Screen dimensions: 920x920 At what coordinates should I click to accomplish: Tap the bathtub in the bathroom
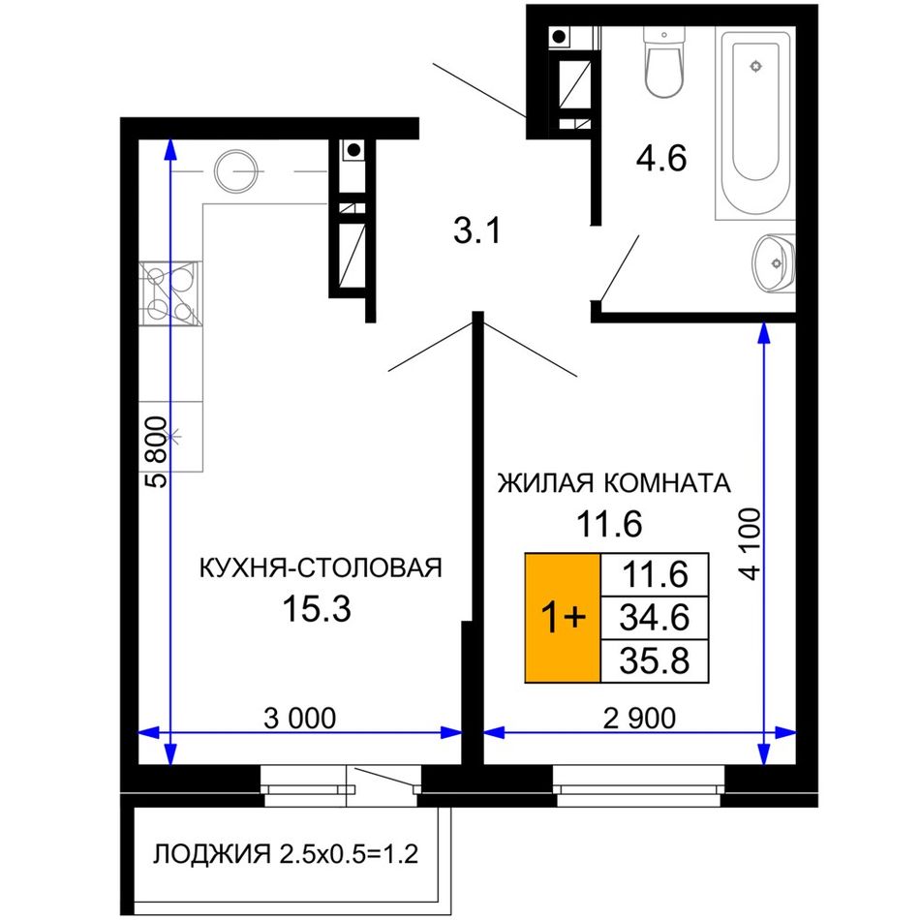point(755,123)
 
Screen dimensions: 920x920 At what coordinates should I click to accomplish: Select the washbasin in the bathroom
point(774,263)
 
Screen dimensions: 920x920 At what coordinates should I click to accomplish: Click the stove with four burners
point(170,293)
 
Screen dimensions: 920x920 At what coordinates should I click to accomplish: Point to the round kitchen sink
point(235,170)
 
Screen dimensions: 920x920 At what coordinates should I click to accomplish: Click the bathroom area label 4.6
point(661,159)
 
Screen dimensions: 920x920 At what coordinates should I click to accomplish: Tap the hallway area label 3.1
point(477,230)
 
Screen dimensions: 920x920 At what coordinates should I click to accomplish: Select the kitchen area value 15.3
point(317,608)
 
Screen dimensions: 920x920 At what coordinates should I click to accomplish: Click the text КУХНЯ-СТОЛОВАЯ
point(321,567)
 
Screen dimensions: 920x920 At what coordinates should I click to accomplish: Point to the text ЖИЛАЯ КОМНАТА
point(614,483)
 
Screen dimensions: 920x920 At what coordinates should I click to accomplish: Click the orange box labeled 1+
point(563,618)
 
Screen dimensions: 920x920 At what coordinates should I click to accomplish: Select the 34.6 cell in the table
point(655,618)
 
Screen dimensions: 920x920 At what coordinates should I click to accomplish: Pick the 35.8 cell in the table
point(655,661)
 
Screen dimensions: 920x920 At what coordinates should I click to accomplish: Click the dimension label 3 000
point(300,719)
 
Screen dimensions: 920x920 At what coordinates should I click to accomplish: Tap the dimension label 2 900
point(639,719)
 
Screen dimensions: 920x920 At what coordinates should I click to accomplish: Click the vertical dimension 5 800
point(156,452)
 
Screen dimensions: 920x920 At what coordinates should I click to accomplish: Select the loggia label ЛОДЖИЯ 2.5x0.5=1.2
point(286,854)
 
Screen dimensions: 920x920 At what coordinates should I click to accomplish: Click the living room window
point(639,786)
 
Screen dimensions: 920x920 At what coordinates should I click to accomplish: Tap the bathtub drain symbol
point(755,66)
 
